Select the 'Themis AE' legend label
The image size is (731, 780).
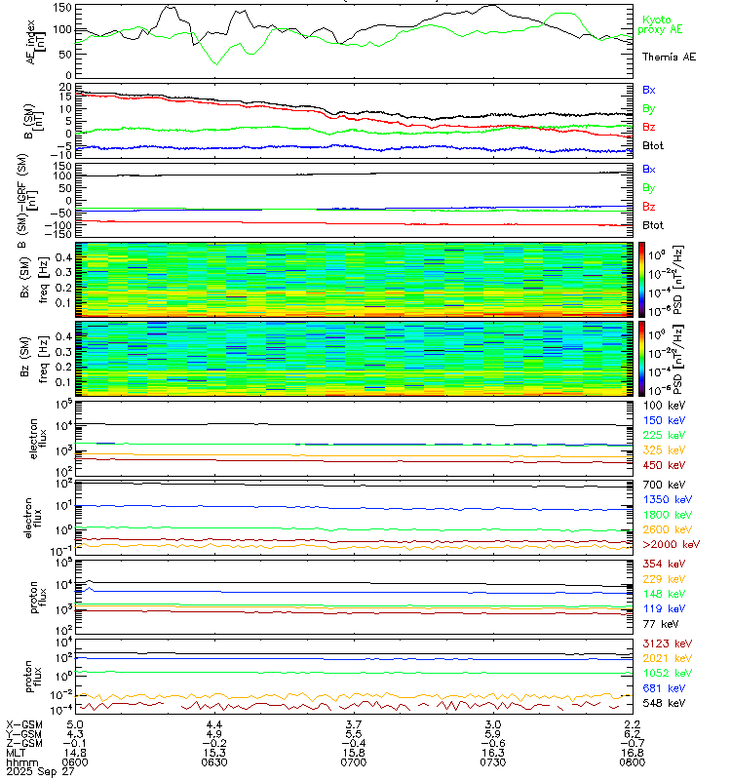coord(669,58)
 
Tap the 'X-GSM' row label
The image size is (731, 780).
coord(21,724)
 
